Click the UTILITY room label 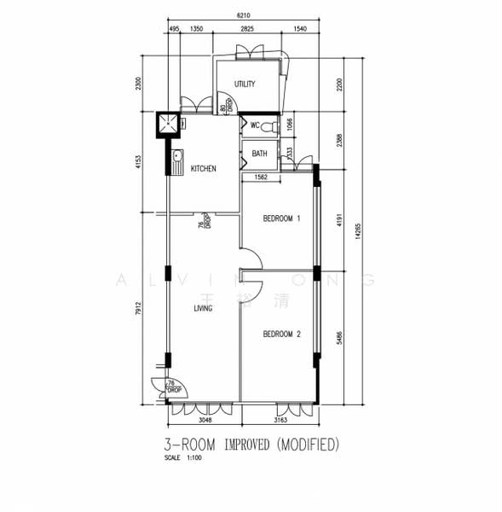tap(245, 84)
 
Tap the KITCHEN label tap(203, 169)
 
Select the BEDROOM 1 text tap(281, 219)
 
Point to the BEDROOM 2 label tap(281, 334)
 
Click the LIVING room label tap(203, 308)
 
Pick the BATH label tap(259, 154)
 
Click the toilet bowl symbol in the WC tap(270, 126)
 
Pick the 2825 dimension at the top tap(246, 30)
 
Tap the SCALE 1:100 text tap(183, 458)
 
